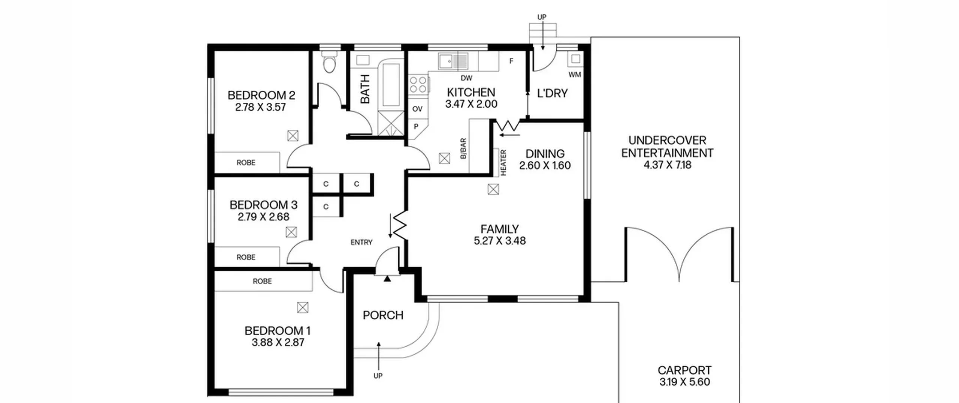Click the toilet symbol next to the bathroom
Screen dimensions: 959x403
[x=330, y=63]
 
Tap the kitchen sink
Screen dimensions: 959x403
[x=453, y=61]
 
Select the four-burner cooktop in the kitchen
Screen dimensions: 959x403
[x=418, y=84]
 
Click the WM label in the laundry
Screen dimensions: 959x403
[x=575, y=75]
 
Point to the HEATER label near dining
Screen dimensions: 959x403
[x=503, y=162]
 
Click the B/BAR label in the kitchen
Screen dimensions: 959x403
[x=463, y=149]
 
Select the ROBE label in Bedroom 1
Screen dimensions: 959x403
[x=262, y=281]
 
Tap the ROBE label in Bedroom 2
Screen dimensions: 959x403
[x=246, y=163]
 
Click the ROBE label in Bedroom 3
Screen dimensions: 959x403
[x=246, y=257]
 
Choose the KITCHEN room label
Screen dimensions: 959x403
[x=471, y=92]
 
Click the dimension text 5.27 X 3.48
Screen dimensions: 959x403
[x=500, y=241]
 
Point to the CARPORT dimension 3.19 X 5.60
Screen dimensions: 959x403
[x=685, y=382]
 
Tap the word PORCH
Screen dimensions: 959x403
[x=383, y=315]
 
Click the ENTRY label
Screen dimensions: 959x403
[x=361, y=243]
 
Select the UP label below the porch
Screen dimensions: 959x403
[x=378, y=376]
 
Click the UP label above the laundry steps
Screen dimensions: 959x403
[x=542, y=17]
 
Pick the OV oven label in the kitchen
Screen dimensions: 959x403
[x=417, y=109]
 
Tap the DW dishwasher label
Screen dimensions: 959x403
[x=466, y=78]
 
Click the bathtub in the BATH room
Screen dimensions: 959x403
[x=391, y=85]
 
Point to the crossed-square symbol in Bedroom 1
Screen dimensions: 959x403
[x=303, y=308]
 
